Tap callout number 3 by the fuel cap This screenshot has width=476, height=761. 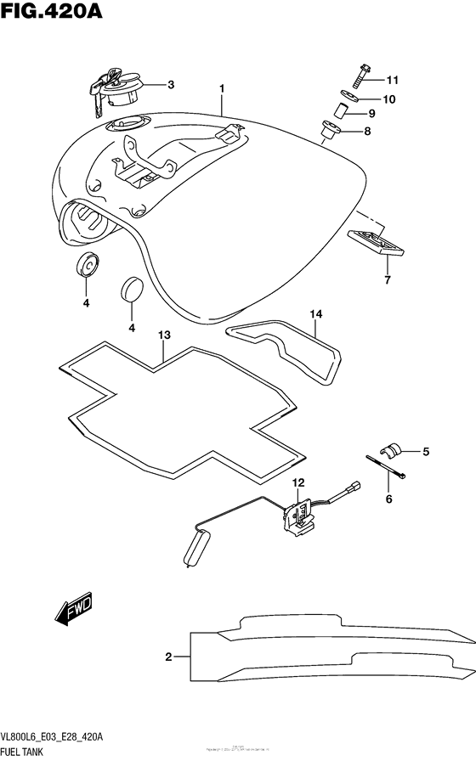point(170,84)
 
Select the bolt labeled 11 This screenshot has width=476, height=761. point(360,81)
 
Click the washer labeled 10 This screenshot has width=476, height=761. point(352,99)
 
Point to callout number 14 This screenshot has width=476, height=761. point(316,315)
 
